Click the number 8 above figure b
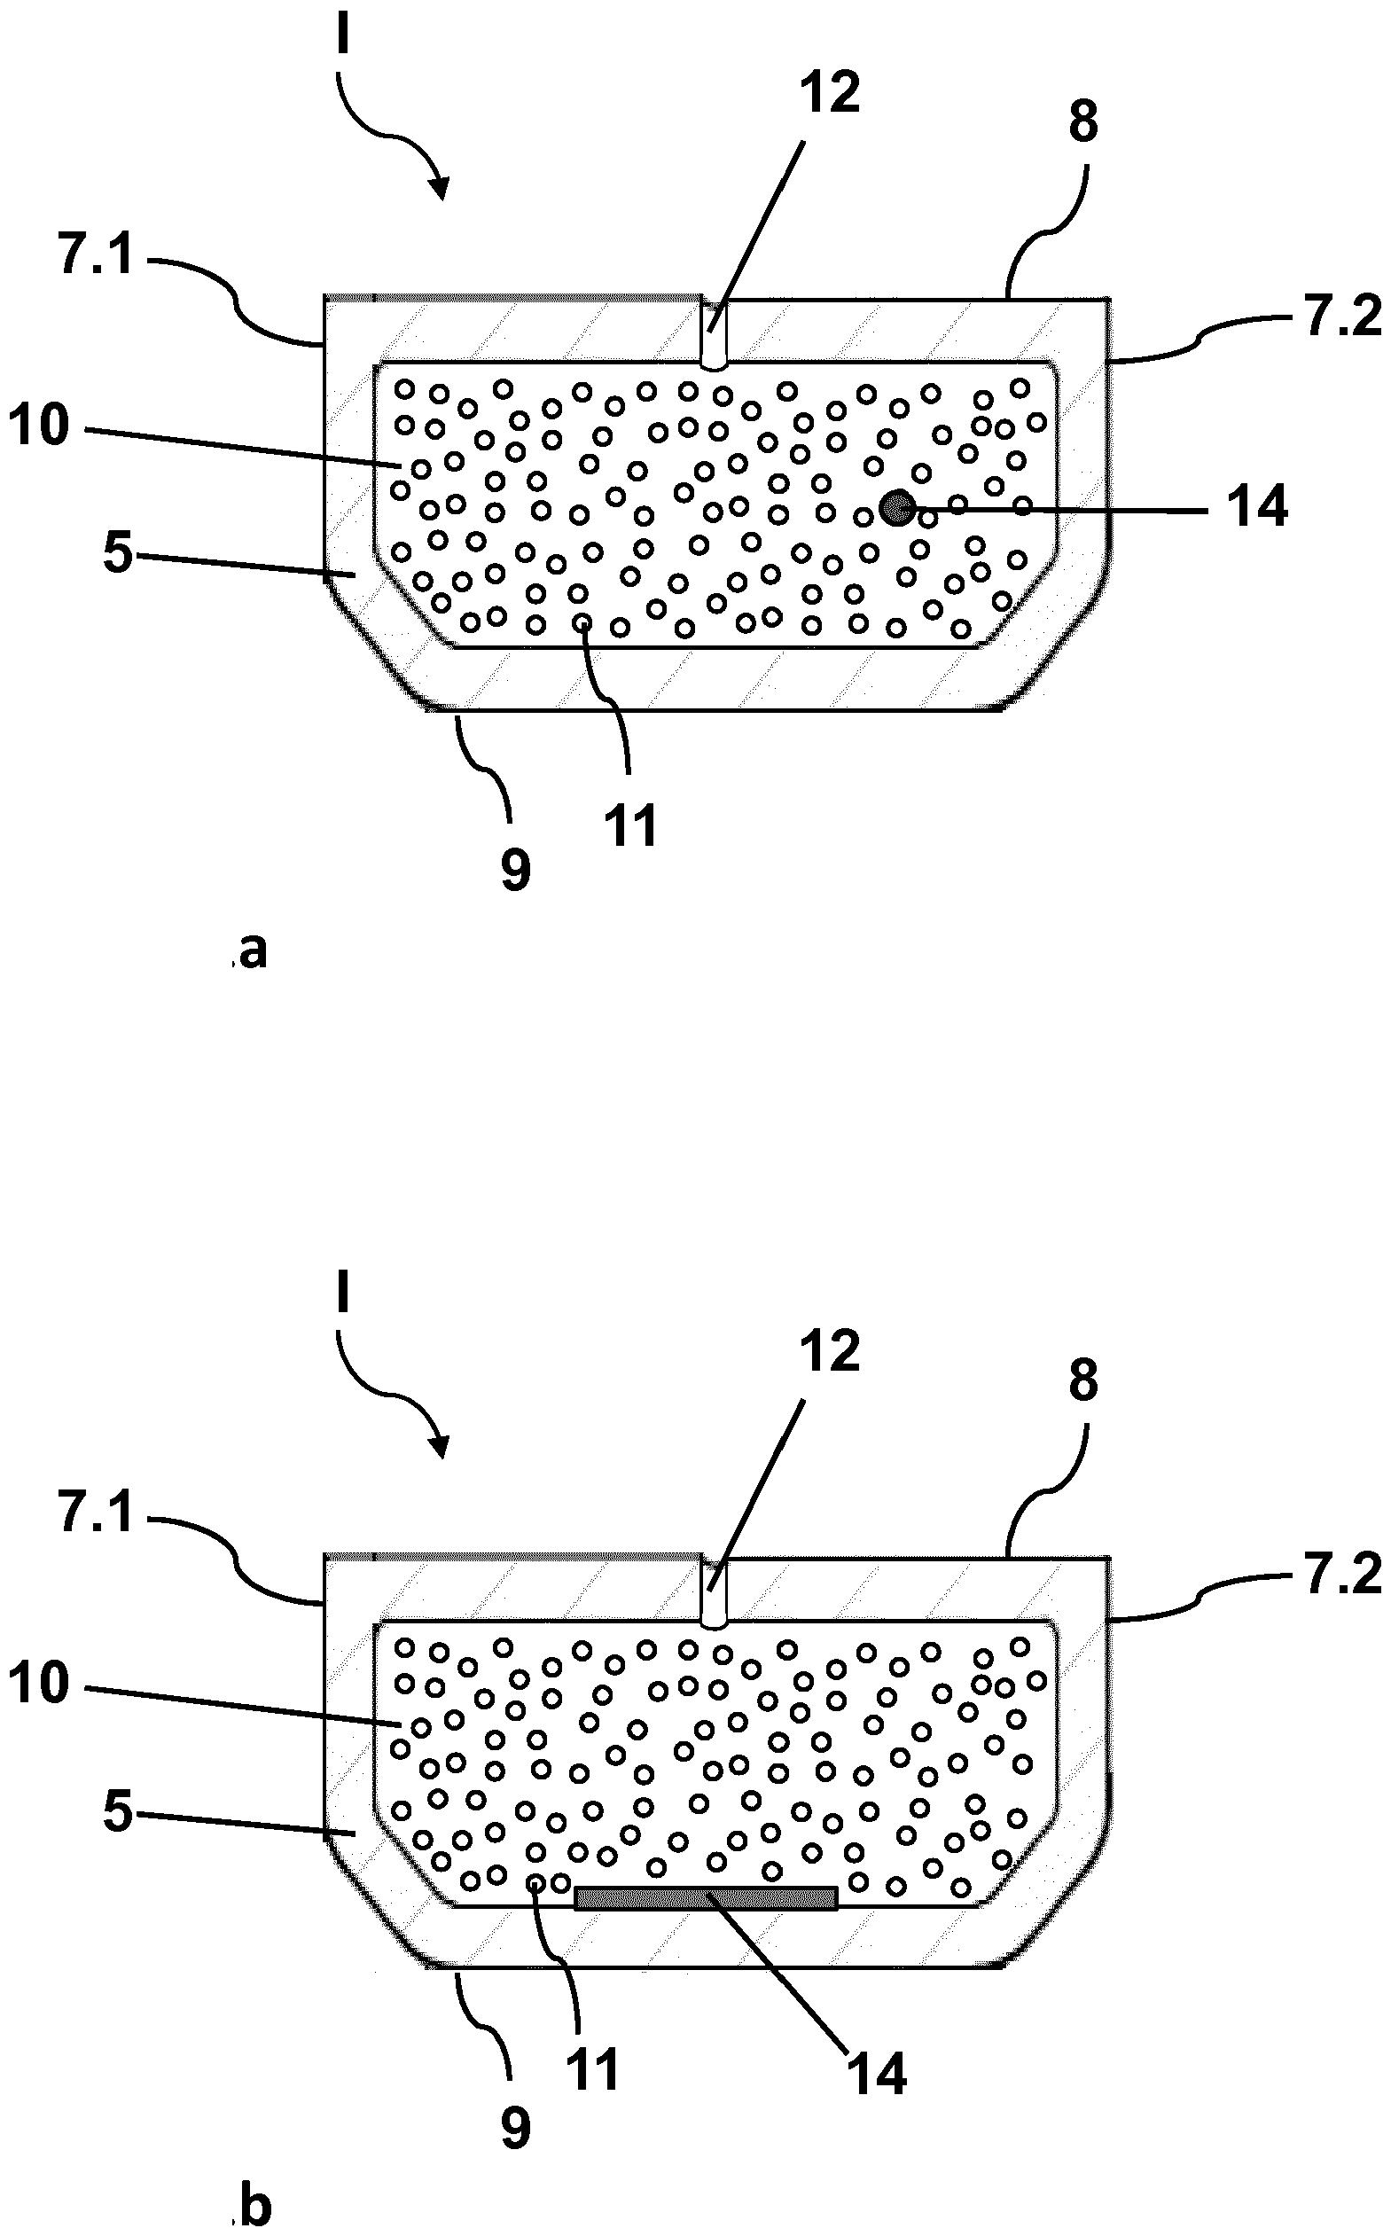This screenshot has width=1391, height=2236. [x=1082, y=1380]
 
